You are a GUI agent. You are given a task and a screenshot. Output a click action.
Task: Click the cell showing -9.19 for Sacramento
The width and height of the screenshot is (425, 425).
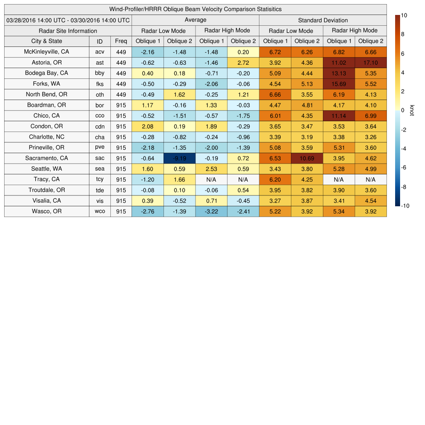179,158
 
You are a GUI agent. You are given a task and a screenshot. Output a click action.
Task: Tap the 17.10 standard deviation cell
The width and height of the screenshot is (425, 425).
371,62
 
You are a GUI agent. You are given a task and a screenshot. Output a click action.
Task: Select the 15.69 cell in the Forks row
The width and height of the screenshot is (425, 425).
339,84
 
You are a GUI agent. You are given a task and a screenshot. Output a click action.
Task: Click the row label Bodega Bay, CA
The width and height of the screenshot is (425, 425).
46,73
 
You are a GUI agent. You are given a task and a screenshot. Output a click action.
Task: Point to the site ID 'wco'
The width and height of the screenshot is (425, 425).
100,211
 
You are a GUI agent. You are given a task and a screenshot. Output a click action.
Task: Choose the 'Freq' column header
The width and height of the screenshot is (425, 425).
121,41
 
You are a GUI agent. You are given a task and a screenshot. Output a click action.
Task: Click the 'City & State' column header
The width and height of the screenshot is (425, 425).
46,41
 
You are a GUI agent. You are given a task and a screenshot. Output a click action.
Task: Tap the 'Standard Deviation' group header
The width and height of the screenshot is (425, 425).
323,20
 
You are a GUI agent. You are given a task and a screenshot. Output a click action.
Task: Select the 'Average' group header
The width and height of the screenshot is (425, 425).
195,20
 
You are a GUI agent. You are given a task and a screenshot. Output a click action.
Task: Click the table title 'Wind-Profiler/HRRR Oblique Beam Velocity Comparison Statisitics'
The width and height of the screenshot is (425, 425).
195,9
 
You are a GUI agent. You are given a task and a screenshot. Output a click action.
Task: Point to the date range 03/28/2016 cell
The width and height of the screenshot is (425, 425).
68,20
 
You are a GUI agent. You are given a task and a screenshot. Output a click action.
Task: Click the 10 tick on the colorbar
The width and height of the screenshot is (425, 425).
404,15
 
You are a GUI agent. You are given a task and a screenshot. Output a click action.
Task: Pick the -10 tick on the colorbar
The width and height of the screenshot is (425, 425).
405,206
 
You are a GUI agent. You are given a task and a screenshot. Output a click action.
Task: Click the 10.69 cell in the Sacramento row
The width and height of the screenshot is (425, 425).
307,158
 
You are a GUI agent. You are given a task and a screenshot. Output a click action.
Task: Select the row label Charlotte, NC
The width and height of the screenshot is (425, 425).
46,137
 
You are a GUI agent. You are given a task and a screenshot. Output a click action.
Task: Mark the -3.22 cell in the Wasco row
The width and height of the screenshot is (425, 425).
211,211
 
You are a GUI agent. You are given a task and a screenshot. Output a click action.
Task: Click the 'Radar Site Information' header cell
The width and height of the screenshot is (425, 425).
68,31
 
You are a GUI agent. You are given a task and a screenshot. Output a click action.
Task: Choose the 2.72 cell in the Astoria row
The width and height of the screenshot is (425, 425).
243,62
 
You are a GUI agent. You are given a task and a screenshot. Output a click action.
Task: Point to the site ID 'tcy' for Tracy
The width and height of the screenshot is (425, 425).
100,179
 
